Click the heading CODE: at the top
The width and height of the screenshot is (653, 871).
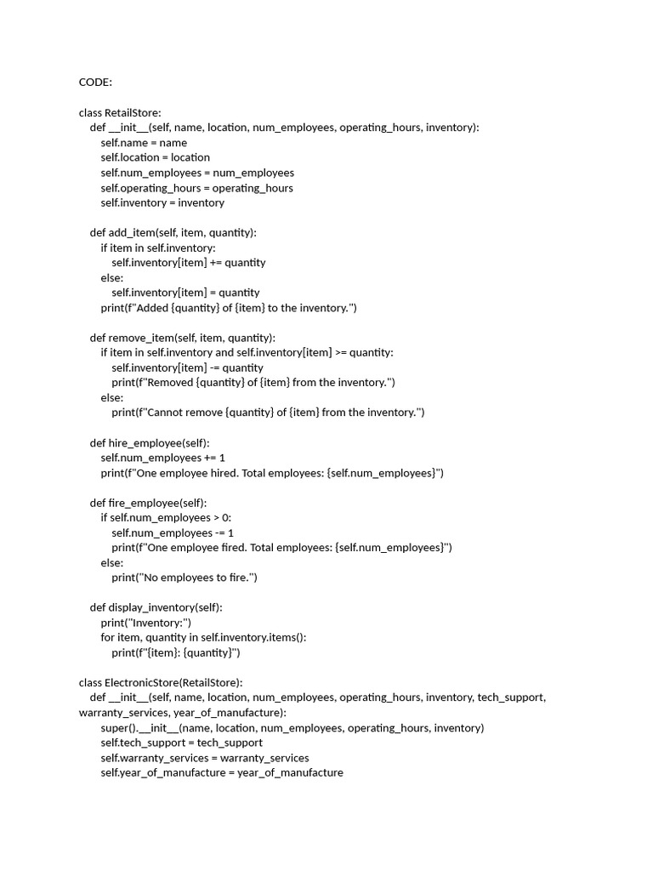[x=95, y=83]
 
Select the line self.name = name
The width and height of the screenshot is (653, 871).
[x=144, y=143]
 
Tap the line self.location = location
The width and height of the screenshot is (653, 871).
[x=155, y=157]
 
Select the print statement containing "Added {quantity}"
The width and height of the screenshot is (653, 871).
[x=229, y=308]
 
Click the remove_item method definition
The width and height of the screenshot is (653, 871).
[x=183, y=338]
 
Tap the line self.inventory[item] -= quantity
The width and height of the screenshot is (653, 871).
[x=187, y=367]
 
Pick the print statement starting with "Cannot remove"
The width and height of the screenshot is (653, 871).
[x=268, y=413]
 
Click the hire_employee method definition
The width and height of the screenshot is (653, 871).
[x=150, y=442]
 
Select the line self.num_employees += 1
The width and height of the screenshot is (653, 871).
[x=162, y=458]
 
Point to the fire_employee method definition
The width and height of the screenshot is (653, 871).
[x=148, y=503]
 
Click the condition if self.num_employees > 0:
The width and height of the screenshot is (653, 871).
[x=166, y=517]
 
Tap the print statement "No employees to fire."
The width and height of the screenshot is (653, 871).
[x=184, y=578]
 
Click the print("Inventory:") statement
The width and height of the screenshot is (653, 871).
[x=146, y=623]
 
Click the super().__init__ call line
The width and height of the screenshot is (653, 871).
[x=292, y=728]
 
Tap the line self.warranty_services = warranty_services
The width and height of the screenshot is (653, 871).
[x=204, y=758]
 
